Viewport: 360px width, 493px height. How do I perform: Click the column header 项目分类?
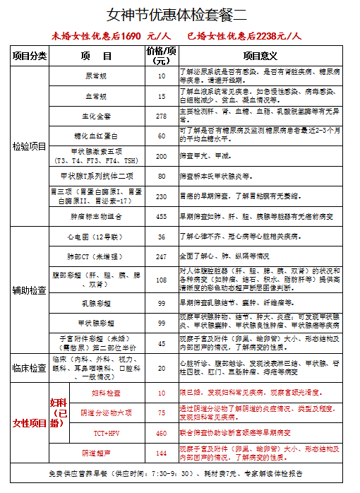click(29, 56)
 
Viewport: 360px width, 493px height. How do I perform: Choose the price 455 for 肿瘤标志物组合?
click(162, 217)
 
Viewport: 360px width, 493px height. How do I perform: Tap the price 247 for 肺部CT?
click(162, 256)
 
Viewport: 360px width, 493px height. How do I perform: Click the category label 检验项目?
click(29, 146)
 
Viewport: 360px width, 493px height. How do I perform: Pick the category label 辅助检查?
click(29, 290)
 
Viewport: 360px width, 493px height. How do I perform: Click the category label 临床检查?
click(29, 368)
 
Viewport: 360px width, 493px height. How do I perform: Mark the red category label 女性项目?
click(29, 423)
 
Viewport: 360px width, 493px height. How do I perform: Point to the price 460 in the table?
click(162, 432)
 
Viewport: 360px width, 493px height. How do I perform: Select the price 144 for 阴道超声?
click(162, 453)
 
